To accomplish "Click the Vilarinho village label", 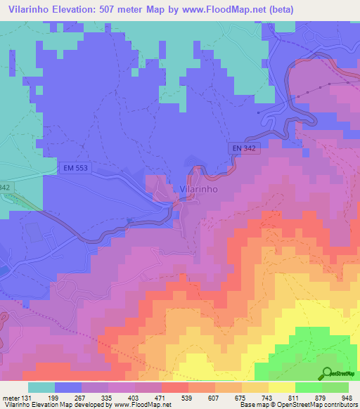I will click(x=198, y=189).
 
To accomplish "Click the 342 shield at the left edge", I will click(x=5, y=188).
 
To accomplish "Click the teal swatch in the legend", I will click(x=41, y=387).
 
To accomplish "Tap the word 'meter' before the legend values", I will click(x=10, y=398).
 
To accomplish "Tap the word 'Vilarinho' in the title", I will click(x=30, y=9).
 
